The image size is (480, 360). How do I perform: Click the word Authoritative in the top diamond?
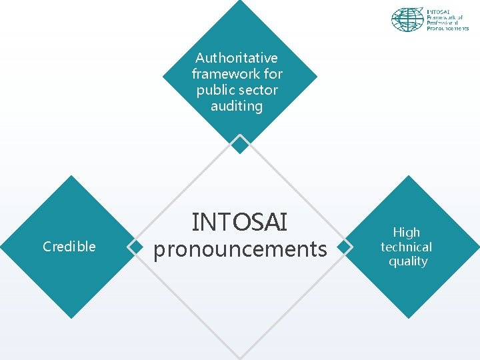coord(237,58)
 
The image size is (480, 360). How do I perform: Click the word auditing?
coord(237,106)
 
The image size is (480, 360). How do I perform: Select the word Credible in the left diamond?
coord(69,247)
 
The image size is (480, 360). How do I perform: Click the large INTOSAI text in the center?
coord(239,222)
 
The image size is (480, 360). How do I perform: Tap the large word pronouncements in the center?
coord(240,249)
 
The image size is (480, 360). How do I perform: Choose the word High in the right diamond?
coord(407,232)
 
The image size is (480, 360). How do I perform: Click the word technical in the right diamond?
coord(406,247)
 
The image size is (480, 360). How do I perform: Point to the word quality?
coord(407,261)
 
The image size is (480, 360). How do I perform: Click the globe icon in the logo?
coord(407,19)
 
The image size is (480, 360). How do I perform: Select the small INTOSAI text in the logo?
coord(439,11)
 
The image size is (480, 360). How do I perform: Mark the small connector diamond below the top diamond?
coord(240,143)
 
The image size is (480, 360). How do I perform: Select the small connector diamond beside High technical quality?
coord(343,247)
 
